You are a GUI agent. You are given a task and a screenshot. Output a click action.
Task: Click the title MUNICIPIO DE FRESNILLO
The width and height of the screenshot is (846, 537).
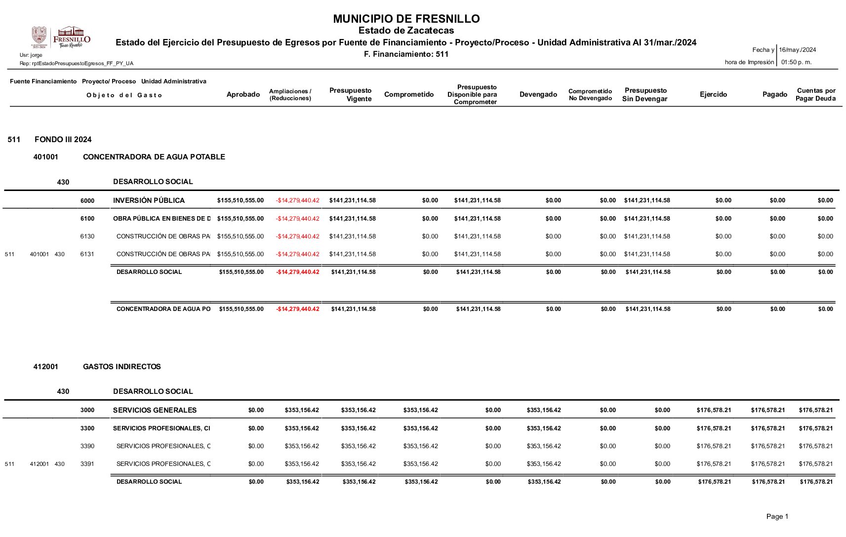406,19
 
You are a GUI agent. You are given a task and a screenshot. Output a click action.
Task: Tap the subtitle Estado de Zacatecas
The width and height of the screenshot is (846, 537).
406,31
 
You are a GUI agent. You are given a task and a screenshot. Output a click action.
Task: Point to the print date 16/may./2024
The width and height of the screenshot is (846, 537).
797,50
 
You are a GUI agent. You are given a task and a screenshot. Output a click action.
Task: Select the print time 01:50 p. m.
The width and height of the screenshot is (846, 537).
796,62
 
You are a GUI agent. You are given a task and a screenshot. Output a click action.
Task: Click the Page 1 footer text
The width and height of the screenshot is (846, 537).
777,516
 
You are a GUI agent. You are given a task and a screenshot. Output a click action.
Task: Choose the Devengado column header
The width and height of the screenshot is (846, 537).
538,94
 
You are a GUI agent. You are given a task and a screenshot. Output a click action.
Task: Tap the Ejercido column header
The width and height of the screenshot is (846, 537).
713,94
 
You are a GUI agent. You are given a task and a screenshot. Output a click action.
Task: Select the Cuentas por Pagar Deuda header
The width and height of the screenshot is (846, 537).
815,94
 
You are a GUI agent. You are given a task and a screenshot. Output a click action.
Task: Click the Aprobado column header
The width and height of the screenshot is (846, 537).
243,94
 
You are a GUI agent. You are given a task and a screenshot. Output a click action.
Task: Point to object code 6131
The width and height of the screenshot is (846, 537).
87,254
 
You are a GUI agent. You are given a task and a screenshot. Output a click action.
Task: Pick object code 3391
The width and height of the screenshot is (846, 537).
87,464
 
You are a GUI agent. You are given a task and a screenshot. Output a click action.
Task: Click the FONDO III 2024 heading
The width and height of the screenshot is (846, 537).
63,140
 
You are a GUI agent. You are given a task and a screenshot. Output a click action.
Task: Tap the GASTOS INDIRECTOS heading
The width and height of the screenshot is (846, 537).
121,367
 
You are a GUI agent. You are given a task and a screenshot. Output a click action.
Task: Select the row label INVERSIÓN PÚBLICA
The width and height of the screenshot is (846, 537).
149,200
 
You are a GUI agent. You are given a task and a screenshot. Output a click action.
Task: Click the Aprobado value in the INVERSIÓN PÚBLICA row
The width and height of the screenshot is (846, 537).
240,200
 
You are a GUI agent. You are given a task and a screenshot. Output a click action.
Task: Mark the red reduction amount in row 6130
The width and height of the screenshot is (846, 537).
297,236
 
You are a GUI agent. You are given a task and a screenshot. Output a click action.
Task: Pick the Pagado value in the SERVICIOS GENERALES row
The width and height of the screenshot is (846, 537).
767,410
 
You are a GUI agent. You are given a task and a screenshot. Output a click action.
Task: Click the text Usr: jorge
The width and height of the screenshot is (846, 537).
31,55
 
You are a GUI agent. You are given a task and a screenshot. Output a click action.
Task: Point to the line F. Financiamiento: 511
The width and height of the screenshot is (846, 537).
406,54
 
